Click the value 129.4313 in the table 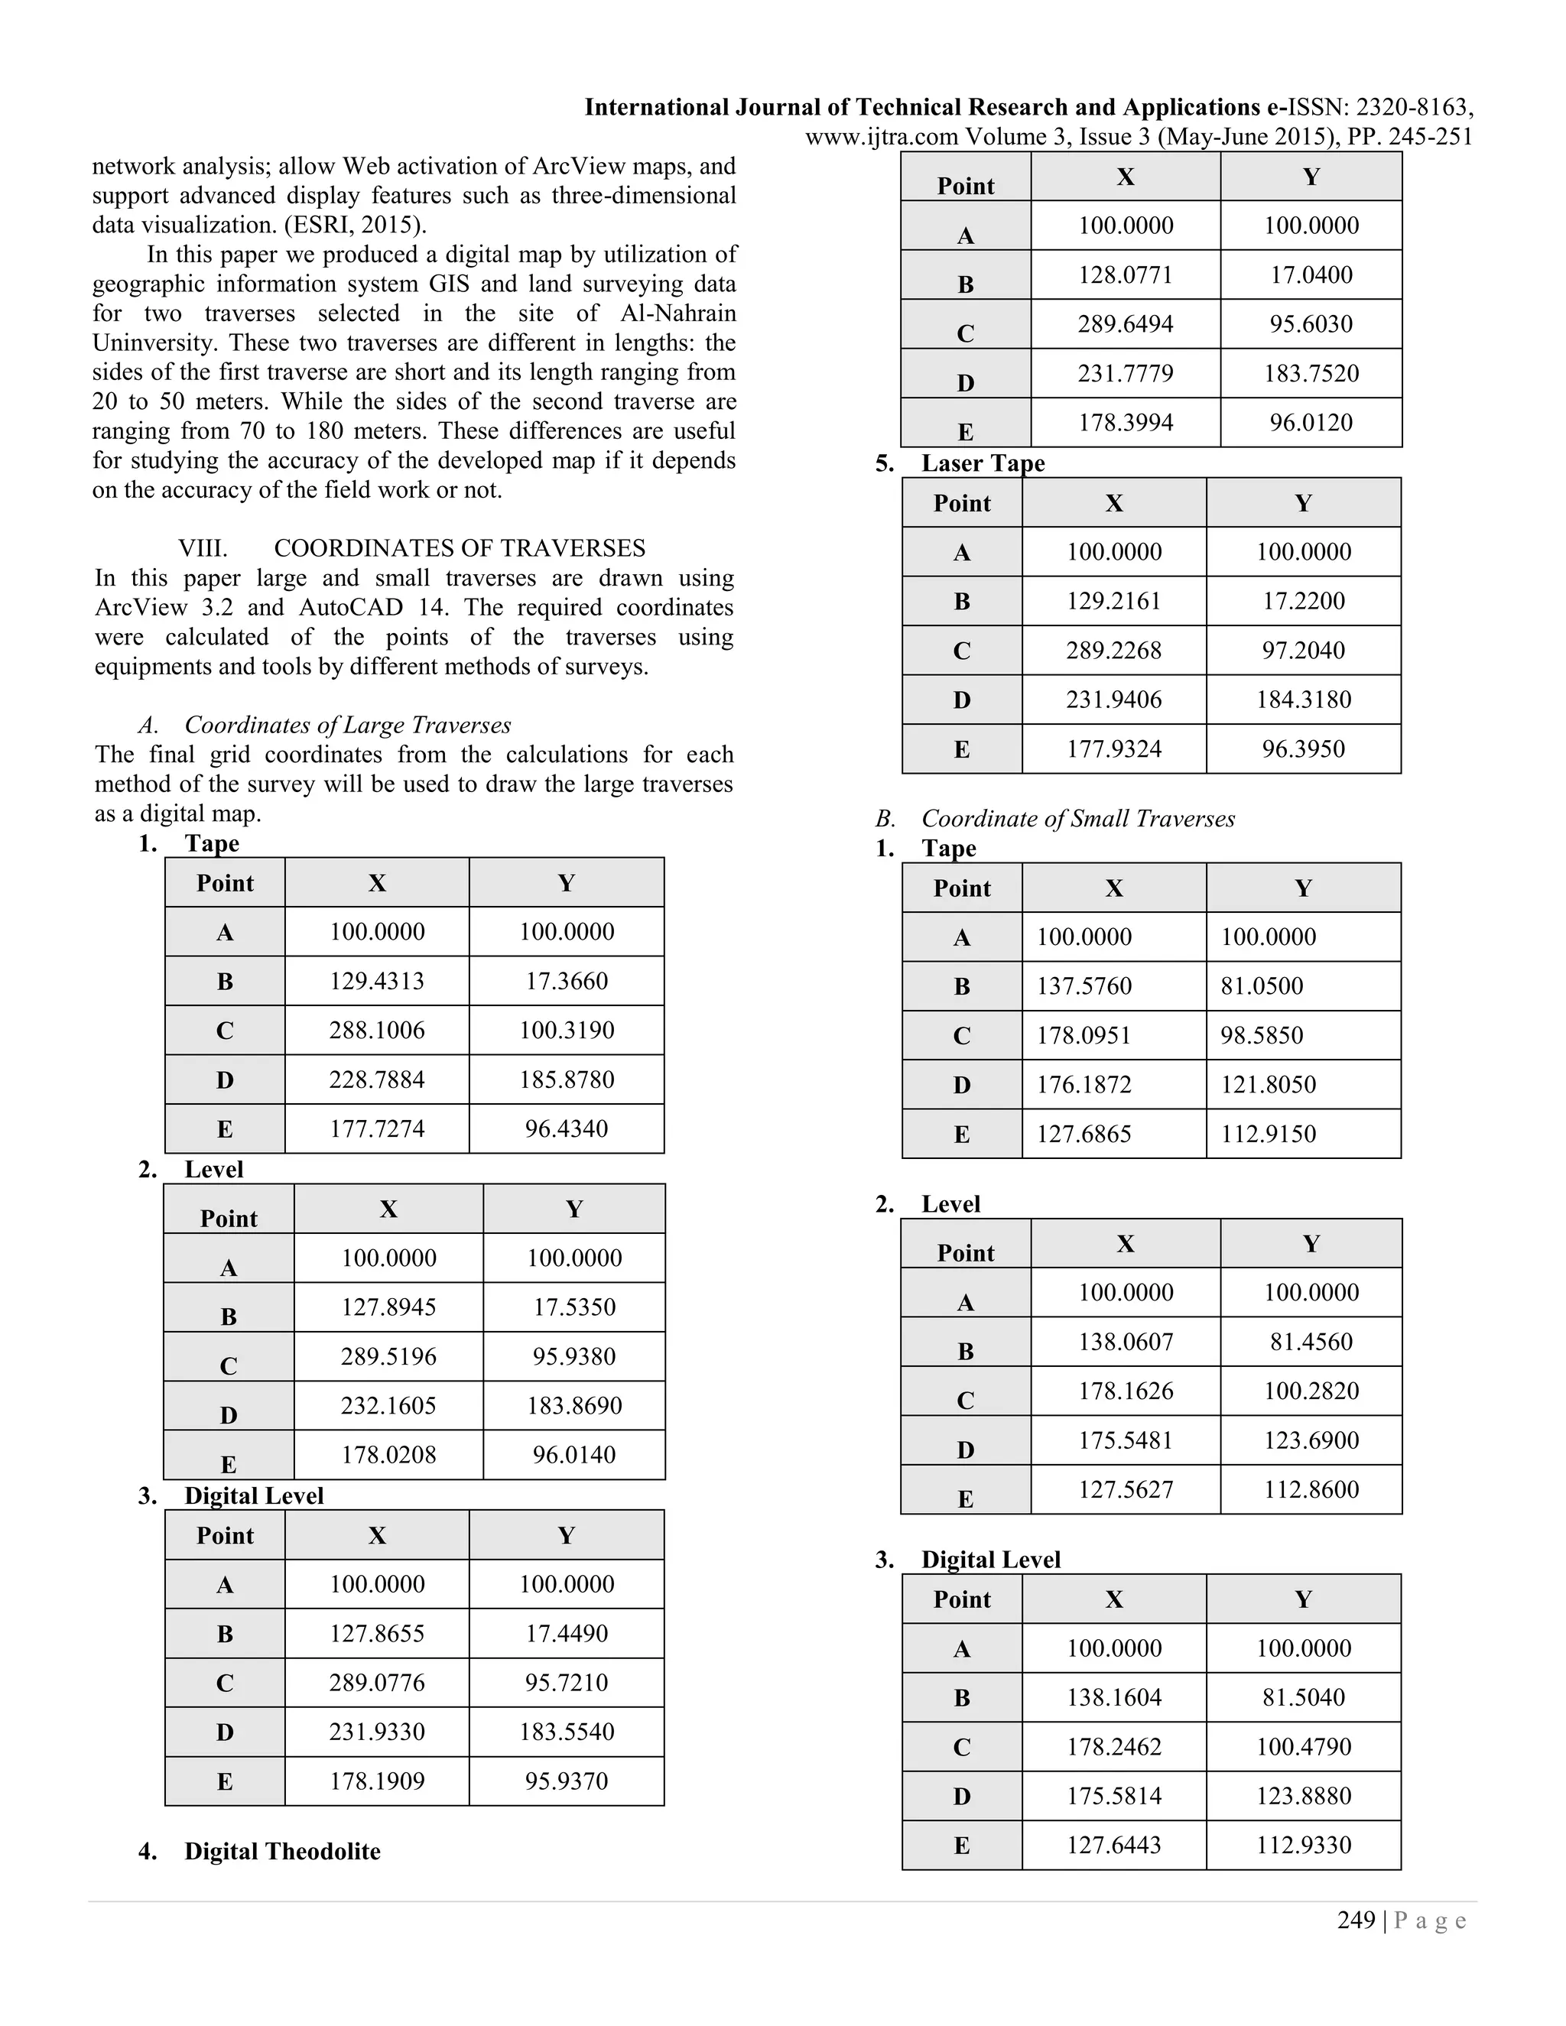click(377, 981)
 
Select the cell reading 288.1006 click(377, 1030)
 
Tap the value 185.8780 click(566, 1079)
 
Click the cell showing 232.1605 click(388, 1405)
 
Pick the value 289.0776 click(377, 1683)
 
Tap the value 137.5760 click(1084, 985)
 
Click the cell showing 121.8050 click(1267, 1083)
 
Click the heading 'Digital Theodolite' click(282, 1852)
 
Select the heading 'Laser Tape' click(983, 463)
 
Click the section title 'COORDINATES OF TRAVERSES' click(460, 548)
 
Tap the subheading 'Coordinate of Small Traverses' click(1077, 818)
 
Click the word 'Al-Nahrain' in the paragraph click(678, 313)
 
